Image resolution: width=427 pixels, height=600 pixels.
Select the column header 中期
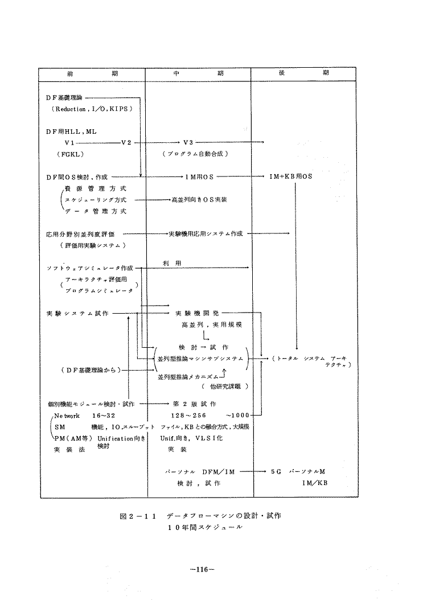(198, 75)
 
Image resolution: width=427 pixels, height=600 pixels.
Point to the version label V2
(126, 142)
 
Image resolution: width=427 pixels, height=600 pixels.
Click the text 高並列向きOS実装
(199, 200)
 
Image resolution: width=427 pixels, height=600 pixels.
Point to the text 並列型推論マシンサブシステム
(200, 358)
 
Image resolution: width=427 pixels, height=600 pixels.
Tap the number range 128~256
(188, 415)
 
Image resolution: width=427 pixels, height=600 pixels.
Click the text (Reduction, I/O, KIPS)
(95, 108)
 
